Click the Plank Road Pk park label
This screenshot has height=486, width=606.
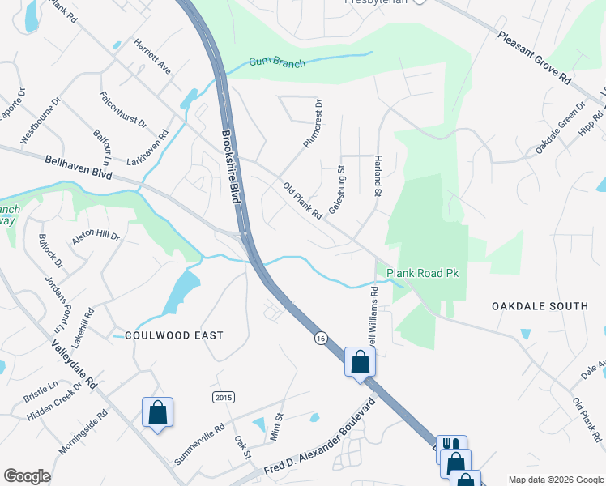(422, 274)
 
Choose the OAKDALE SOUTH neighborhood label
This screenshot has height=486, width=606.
(540, 306)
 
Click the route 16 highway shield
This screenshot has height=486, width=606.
(322, 340)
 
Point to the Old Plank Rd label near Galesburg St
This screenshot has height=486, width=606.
(303, 200)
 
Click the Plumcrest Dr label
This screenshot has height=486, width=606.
(313, 123)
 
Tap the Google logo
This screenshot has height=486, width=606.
(27, 476)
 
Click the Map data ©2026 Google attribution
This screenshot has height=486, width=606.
(555, 480)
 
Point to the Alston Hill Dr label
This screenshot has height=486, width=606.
(96, 237)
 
